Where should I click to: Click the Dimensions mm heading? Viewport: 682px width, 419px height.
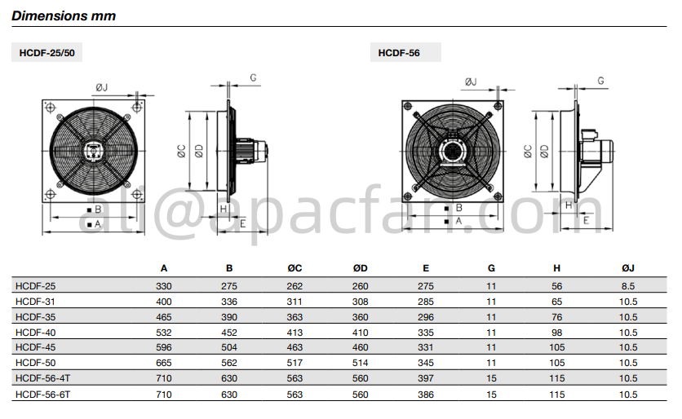pos(64,15)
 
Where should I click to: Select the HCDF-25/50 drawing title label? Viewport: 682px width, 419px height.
pos(47,53)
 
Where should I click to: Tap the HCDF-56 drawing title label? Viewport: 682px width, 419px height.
pos(399,53)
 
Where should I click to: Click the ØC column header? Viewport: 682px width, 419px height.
pos(294,268)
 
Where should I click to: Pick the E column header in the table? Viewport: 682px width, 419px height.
pos(426,268)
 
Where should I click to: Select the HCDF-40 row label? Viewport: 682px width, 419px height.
pos(36,333)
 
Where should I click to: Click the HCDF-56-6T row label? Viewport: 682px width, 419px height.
pos(42,395)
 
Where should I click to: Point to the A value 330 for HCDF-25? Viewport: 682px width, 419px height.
pos(164,286)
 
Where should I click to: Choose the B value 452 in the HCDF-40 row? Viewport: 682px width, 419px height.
pos(229,333)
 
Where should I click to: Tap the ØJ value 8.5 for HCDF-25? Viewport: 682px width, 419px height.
pos(628,286)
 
